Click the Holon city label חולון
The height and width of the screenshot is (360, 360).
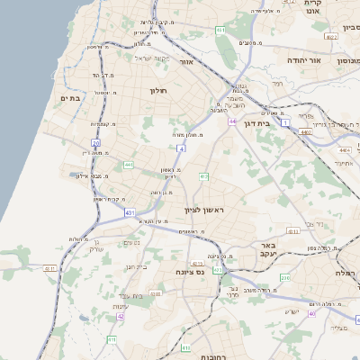pyautogui.click(x=157, y=90)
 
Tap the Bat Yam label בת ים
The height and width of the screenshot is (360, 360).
pyautogui.click(x=71, y=98)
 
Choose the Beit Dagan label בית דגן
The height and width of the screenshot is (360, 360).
pyautogui.click(x=256, y=123)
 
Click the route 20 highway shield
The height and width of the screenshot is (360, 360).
pyautogui.click(x=95, y=143)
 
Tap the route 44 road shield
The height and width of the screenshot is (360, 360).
pyautogui.click(x=232, y=121)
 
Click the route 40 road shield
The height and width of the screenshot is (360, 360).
pyautogui.click(x=312, y=313)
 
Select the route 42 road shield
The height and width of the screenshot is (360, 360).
pyautogui.click(x=121, y=317)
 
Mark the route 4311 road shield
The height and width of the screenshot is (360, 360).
pyautogui.click(x=51, y=268)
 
